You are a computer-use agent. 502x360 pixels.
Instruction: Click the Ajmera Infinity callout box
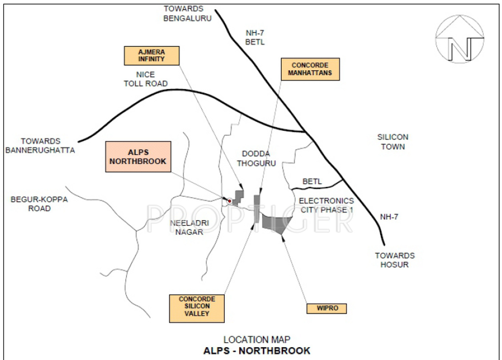pos(151,55)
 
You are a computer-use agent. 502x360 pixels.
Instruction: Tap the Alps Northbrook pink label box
pos(138,156)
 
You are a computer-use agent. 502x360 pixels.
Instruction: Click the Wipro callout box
pos(327,308)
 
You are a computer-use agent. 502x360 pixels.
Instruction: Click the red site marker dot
pos(229,201)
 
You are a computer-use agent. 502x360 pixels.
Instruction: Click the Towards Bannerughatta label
pos(40,146)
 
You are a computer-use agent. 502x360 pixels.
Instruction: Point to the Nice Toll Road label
pos(146,79)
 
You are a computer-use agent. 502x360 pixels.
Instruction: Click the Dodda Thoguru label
pos(256,158)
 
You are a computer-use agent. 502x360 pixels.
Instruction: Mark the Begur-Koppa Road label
pos(39,204)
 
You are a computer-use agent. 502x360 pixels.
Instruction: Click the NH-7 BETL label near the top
pos(255,37)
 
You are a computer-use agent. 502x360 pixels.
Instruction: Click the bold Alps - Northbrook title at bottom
pos(257,351)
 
